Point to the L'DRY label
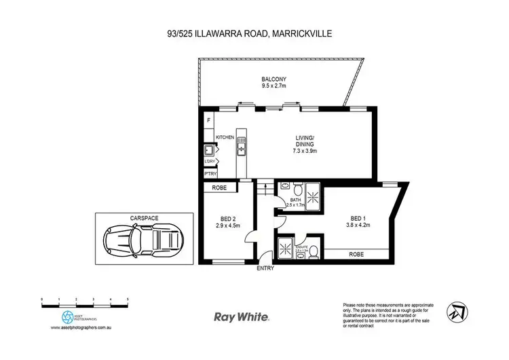pos(209,161)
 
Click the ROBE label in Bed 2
pos(219,187)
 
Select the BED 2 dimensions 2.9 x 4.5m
pos(229,226)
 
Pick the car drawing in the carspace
pos(143,238)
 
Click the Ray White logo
pos(242,316)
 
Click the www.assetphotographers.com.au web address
pos(83,327)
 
